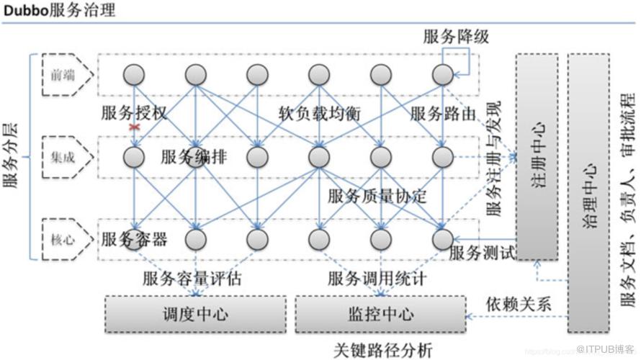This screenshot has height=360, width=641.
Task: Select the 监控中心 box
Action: click(x=380, y=315)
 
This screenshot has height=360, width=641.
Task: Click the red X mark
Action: click(x=133, y=127)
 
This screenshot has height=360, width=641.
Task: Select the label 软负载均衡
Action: click(x=320, y=114)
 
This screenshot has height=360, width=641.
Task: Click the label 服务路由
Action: click(x=444, y=114)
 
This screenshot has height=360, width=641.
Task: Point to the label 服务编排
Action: click(x=193, y=157)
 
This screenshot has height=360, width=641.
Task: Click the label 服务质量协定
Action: click(x=377, y=196)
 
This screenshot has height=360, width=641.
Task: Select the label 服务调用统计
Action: click(x=377, y=279)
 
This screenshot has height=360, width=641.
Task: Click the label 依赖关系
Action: click(x=518, y=303)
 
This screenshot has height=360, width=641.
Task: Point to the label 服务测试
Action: click(x=482, y=253)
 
